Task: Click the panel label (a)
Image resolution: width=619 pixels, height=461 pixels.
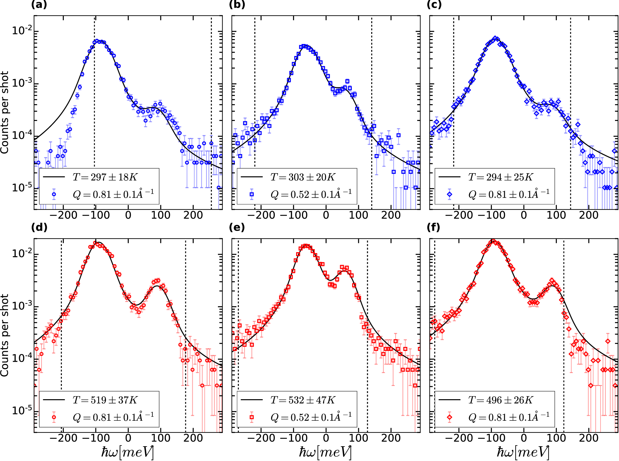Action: click(39, 5)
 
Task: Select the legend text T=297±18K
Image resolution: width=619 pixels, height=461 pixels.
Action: click(105, 177)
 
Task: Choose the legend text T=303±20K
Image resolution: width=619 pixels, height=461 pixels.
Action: click(303, 177)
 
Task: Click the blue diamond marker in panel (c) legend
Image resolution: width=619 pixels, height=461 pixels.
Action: click(450, 194)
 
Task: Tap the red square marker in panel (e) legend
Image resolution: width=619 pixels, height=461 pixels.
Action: click(252, 417)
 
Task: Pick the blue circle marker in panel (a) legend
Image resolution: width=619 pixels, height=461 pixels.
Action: click(54, 194)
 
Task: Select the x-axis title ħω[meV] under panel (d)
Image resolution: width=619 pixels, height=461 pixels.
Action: click(127, 452)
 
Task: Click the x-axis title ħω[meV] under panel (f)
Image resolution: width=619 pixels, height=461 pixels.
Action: click(523, 452)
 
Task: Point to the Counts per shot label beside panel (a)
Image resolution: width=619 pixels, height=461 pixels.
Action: click(4, 113)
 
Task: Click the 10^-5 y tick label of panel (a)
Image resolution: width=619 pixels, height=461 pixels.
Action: click(22, 187)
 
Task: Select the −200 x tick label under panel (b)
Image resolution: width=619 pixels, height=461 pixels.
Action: click(261, 215)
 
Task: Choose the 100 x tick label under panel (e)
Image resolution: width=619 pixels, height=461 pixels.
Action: click(359, 438)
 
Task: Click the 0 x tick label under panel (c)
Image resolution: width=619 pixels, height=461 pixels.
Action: click(524, 215)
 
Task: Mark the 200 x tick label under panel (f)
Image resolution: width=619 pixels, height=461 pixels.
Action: click(589, 438)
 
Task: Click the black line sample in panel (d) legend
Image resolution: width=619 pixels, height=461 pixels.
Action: click(54, 400)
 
